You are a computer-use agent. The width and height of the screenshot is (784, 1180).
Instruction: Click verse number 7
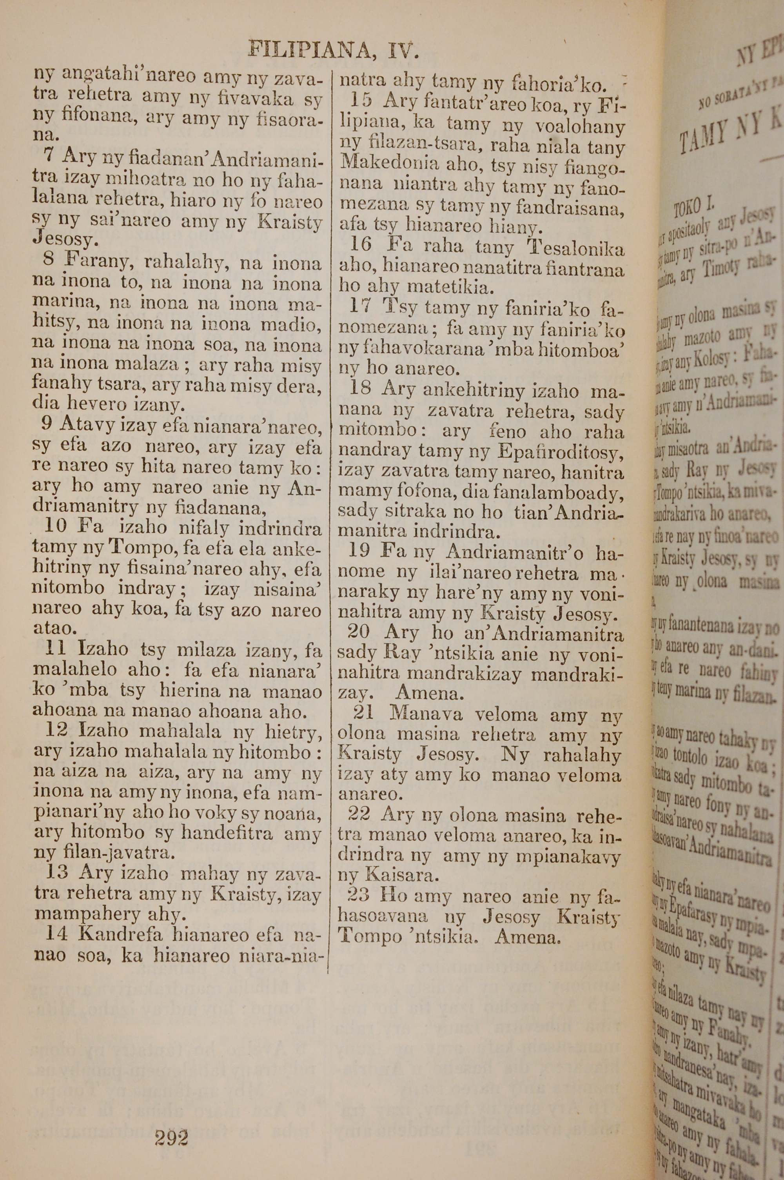[x=49, y=155]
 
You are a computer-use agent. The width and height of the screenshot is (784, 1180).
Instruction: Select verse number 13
[x=56, y=872]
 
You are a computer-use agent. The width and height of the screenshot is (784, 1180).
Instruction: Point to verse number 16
[x=360, y=245]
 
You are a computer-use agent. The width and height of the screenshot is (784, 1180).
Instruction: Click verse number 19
[x=359, y=551]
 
